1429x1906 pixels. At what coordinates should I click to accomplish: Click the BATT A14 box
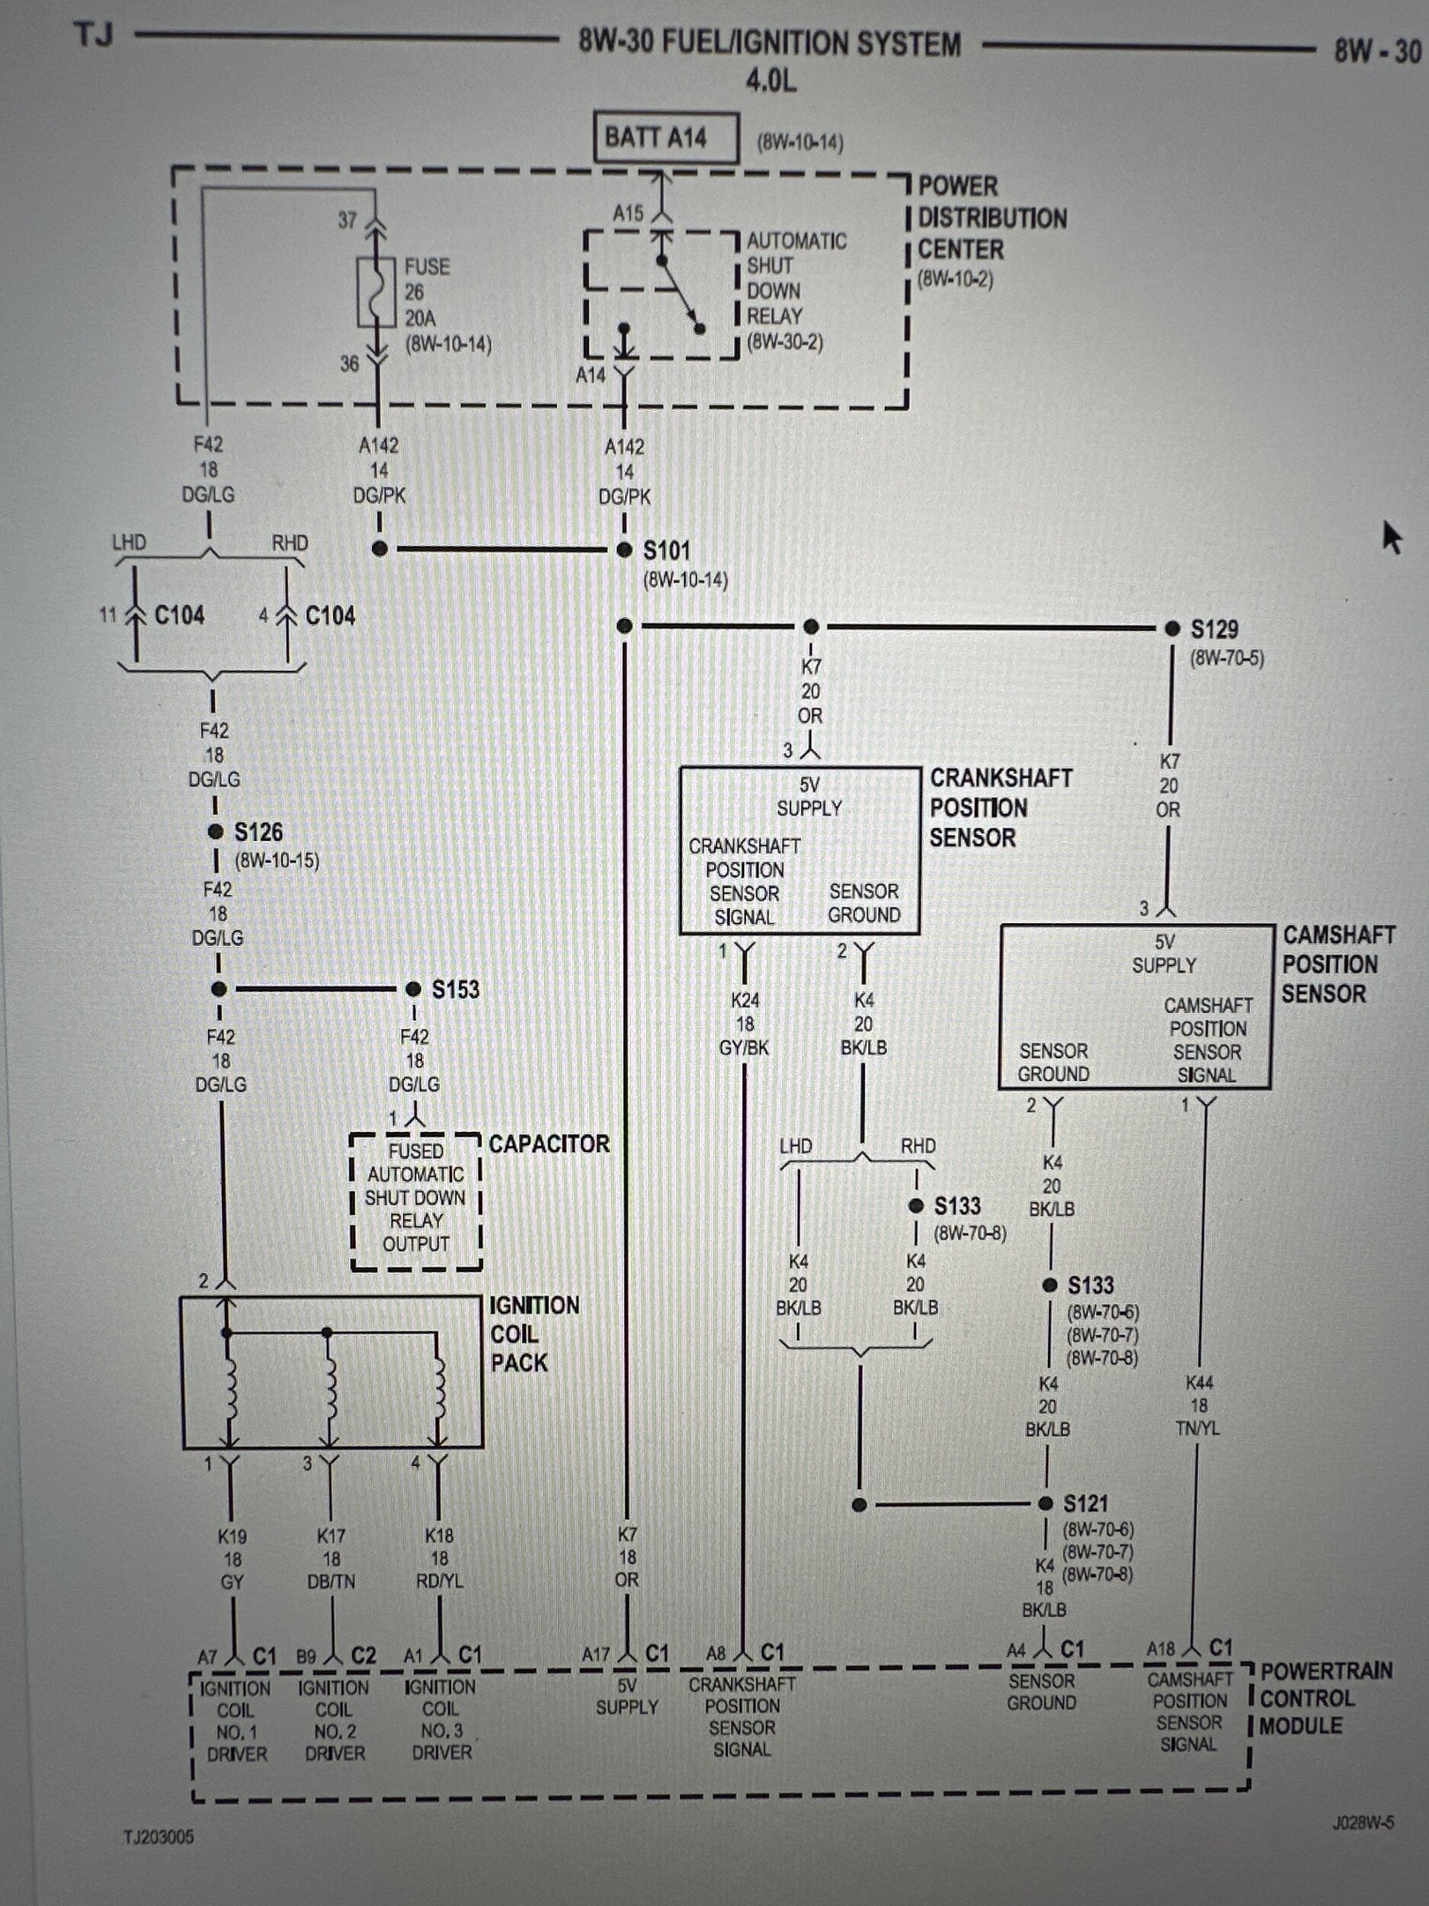[x=665, y=137]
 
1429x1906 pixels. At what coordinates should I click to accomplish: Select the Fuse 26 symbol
[x=376, y=292]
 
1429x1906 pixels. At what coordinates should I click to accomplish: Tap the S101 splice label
[x=667, y=550]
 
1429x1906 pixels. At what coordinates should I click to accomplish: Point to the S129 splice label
[x=1213, y=630]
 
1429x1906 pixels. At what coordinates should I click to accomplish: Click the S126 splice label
[x=258, y=833]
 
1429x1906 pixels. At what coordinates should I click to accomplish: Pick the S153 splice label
[x=455, y=989]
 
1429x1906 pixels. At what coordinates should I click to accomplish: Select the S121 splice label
[x=1085, y=1504]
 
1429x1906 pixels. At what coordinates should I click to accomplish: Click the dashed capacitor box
[x=416, y=1200]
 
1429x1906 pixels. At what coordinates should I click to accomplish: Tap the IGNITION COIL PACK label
[x=533, y=1334]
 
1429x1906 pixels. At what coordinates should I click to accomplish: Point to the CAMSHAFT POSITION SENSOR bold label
[x=1338, y=964]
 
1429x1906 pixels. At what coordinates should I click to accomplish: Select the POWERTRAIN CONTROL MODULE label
[x=1325, y=1699]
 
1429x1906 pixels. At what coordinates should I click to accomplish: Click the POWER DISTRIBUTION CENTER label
[x=991, y=218]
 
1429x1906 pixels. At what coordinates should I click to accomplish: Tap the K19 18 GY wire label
[x=232, y=1559]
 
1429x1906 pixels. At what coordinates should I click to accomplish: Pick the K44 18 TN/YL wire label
[x=1198, y=1405]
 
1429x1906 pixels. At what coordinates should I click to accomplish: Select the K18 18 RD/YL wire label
[x=439, y=1558]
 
